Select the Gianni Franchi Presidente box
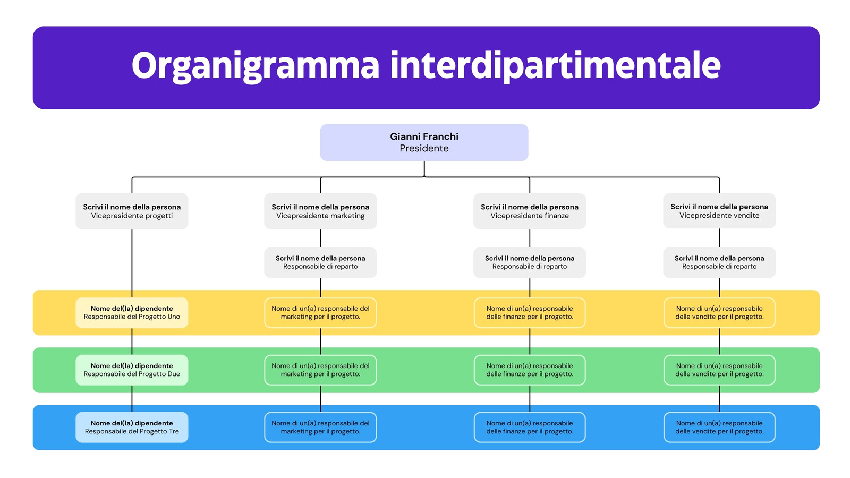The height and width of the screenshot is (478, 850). coord(424,142)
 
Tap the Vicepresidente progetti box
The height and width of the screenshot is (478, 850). coord(132,211)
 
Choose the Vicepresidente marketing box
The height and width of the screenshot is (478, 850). coord(320,211)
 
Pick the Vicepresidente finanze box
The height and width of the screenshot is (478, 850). coord(529,211)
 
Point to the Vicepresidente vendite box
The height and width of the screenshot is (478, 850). coord(719,210)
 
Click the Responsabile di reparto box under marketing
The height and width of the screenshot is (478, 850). coord(320,262)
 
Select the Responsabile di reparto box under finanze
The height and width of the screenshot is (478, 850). coord(529,262)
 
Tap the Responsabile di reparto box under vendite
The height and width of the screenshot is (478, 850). coord(719,262)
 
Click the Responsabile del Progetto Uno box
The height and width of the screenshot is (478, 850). coord(132,313)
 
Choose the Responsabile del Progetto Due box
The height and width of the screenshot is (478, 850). coord(132,370)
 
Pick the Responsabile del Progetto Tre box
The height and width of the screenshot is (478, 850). coord(132,427)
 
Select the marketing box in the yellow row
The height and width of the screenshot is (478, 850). coord(320,313)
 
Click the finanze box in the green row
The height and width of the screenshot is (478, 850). coord(529,370)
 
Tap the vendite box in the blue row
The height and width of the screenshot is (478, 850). coord(719,427)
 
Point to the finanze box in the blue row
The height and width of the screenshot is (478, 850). coord(529,427)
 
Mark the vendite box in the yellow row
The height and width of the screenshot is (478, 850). coord(719,313)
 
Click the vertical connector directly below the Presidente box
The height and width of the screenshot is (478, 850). coord(424,169)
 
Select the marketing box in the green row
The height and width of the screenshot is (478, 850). coord(320,370)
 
